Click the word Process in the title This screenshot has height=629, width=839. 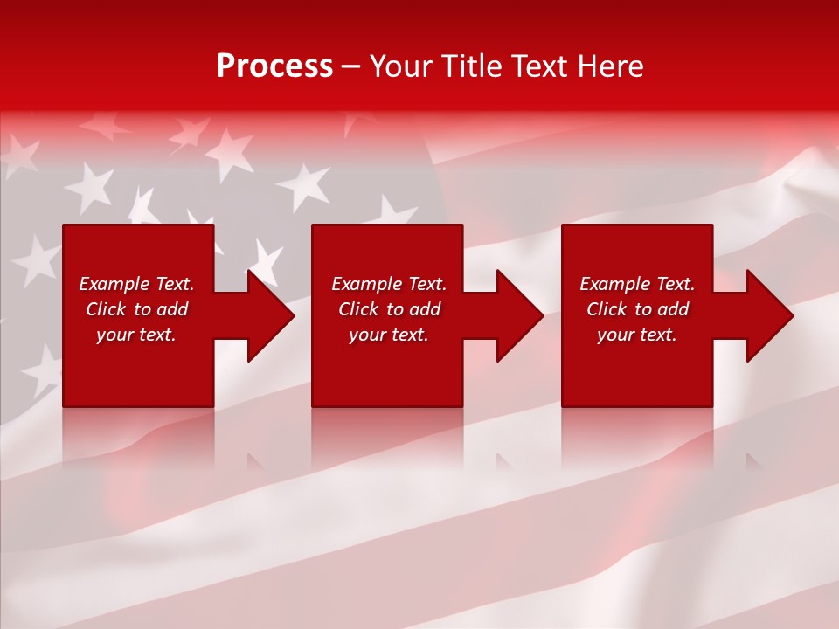[x=274, y=66]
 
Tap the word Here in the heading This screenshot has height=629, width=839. [x=611, y=66]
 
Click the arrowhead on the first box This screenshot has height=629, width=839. [x=267, y=315]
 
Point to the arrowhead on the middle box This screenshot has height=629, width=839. [x=517, y=315]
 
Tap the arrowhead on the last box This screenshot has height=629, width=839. [x=767, y=315]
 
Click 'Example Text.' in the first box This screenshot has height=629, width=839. [x=136, y=284]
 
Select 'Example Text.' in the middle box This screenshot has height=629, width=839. [x=389, y=284]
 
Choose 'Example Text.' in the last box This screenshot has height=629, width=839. [x=637, y=284]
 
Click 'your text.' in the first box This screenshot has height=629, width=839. [x=136, y=335]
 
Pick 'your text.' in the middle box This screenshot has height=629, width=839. [x=389, y=335]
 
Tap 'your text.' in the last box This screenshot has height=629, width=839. [x=637, y=335]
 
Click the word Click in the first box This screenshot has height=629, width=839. [x=106, y=309]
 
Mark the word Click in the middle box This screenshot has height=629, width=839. [x=358, y=309]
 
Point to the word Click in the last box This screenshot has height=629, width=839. [x=607, y=309]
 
